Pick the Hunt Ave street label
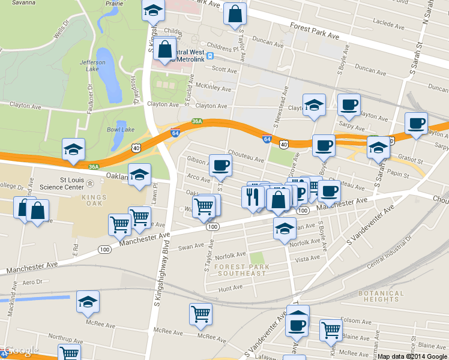[230, 288]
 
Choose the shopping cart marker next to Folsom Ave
[331, 329]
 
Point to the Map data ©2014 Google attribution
[412, 356]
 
